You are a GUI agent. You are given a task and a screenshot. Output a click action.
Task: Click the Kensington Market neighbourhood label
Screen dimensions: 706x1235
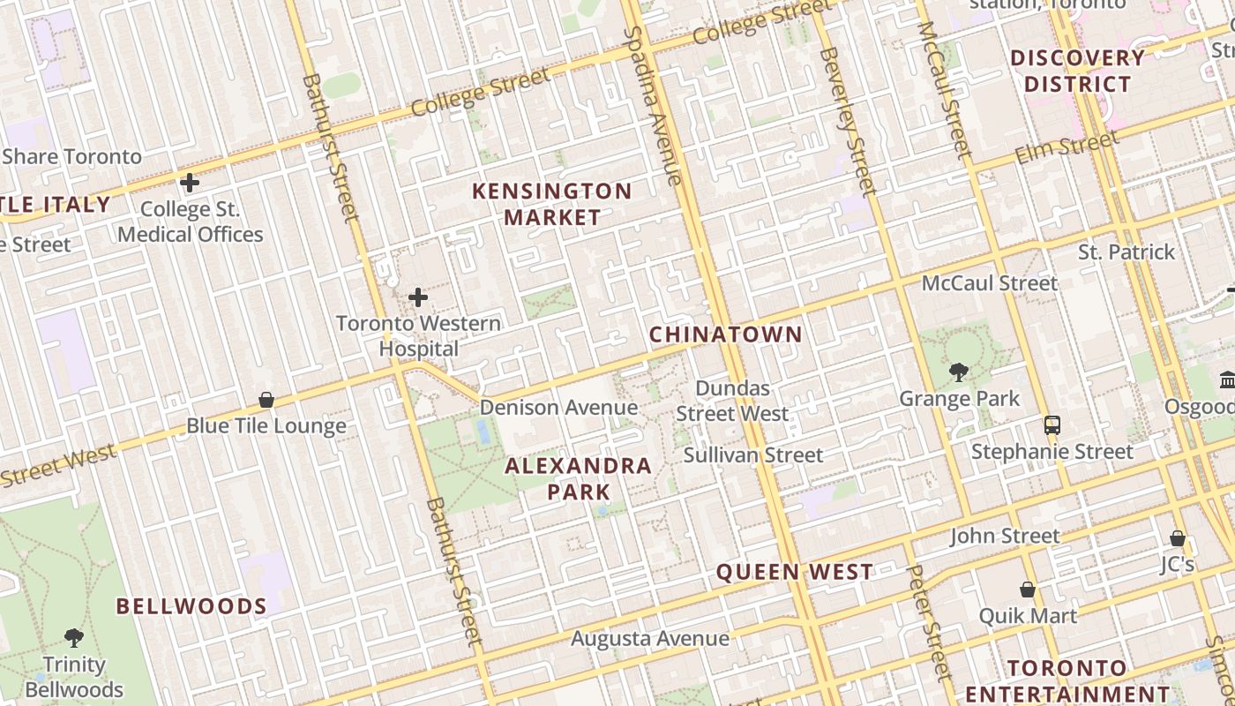(552, 204)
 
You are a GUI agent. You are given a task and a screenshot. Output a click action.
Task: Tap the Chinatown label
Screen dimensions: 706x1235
(726, 334)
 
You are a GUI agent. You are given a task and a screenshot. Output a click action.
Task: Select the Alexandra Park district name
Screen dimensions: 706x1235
(579, 478)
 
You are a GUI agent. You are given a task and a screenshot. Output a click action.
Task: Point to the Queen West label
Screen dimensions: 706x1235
(794, 572)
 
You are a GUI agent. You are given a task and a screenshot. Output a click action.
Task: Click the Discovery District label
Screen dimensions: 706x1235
(1077, 71)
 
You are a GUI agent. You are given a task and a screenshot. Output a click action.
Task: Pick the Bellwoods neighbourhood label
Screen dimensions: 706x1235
(191, 606)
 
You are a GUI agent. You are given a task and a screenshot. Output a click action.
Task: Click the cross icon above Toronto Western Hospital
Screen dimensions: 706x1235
(418, 297)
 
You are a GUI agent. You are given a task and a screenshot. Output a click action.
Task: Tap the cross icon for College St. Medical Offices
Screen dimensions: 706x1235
(190, 183)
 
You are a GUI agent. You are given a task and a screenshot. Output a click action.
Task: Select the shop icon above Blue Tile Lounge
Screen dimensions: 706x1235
(266, 400)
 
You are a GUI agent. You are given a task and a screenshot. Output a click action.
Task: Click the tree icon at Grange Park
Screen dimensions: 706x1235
(959, 372)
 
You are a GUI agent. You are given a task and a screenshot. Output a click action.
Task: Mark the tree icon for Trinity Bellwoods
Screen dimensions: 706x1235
(74, 637)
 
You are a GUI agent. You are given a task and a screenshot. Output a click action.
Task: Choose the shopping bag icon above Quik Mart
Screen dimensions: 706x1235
(1028, 589)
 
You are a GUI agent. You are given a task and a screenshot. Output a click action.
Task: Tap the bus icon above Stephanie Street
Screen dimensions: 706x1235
(1052, 424)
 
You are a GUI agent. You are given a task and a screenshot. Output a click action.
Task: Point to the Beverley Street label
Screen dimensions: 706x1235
(848, 120)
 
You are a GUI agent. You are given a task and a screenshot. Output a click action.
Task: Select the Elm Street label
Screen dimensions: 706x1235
(1067, 147)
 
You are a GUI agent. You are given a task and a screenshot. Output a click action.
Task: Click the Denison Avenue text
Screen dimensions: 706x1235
(558, 407)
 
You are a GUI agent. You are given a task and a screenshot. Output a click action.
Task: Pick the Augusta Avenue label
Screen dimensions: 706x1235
(650, 638)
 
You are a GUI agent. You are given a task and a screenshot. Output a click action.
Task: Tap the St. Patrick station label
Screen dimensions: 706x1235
(1126, 252)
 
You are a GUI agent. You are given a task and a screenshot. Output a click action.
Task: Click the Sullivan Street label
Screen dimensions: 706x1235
(753, 455)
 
